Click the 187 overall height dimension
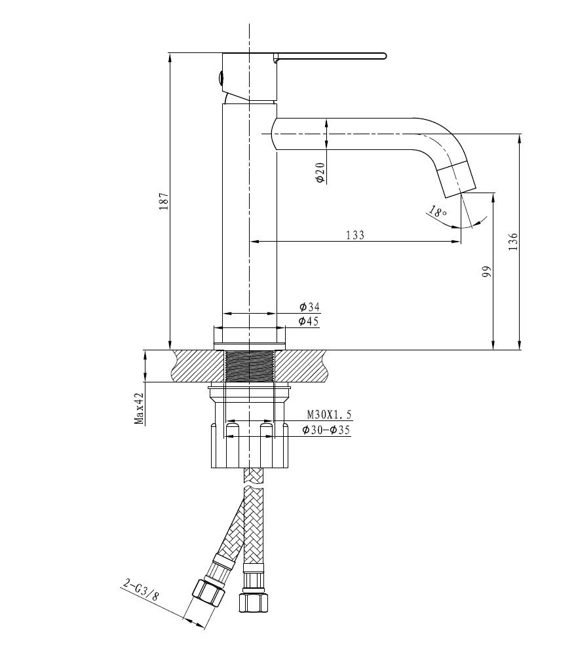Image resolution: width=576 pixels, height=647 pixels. click(x=164, y=200)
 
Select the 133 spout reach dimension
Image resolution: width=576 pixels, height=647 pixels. click(x=355, y=235)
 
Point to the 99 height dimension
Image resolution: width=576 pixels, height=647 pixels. click(x=486, y=272)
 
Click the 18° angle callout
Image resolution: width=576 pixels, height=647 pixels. click(x=438, y=212)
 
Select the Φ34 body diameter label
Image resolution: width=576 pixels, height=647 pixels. click(x=309, y=307)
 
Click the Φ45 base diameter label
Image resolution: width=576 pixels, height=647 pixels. click(x=309, y=321)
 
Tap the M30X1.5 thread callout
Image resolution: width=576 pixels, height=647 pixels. click(x=330, y=415)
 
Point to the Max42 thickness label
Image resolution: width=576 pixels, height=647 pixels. click(x=140, y=409)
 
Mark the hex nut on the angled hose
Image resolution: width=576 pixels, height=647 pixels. click(x=208, y=593)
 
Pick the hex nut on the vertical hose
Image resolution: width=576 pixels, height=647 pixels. click(x=253, y=601)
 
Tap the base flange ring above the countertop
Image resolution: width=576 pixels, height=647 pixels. click(x=250, y=336)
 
